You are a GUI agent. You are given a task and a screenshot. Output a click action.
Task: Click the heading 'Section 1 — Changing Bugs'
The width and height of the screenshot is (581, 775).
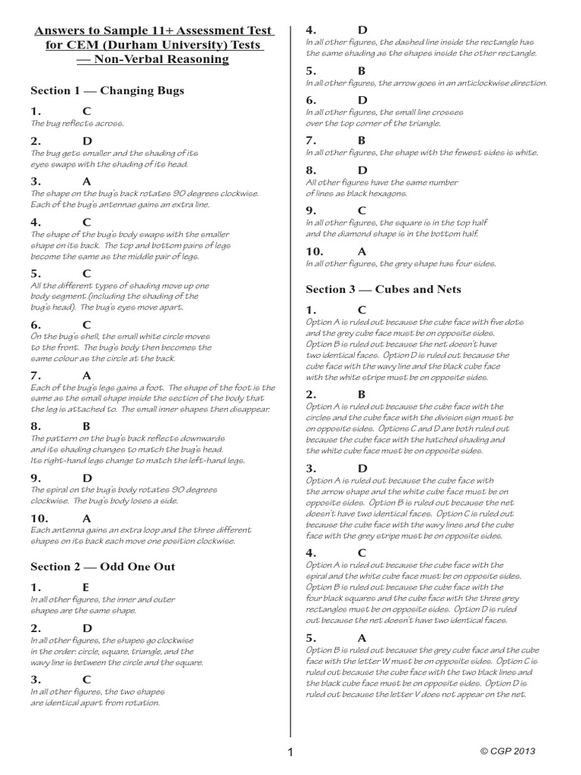pyautogui.click(x=107, y=91)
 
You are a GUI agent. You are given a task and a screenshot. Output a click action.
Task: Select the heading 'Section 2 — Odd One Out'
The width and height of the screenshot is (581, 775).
pyautogui.click(x=102, y=567)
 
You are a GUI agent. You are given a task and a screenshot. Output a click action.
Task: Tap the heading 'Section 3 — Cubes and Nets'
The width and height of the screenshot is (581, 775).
pyautogui.click(x=383, y=289)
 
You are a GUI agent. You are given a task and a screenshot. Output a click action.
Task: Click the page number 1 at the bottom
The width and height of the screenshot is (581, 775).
pyautogui.click(x=290, y=752)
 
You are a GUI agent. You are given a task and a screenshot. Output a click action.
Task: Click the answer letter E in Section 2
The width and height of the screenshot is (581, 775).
pyautogui.click(x=85, y=587)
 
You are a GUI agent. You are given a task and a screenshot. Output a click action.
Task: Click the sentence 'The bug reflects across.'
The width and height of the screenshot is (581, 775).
pyautogui.click(x=76, y=123)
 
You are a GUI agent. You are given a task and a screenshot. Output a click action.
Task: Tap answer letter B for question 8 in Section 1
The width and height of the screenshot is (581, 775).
pyautogui.click(x=86, y=426)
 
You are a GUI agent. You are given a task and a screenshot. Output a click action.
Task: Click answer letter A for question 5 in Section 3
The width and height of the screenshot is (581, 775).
pyautogui.click(x=362, y=637)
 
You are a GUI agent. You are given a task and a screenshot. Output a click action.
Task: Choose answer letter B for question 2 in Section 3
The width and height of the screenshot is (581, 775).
pyautogui.click(x=362, y=394)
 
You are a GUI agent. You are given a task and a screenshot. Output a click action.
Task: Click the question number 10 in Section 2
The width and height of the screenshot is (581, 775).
pyautogui.click(x=314, y=251)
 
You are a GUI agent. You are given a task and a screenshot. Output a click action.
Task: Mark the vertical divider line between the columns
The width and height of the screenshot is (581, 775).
pyautogui.click(x=290, y=378)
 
